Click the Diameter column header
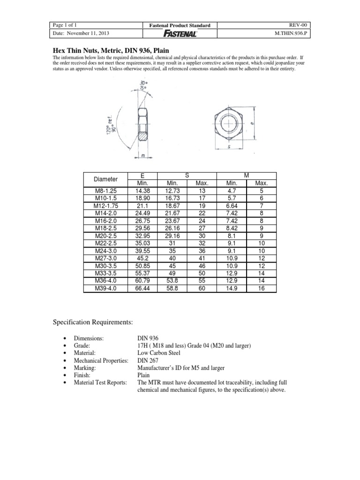pos(105,179)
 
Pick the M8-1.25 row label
pos(105,191)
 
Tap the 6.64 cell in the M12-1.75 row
pos(233,206)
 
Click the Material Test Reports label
pos(97,382)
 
